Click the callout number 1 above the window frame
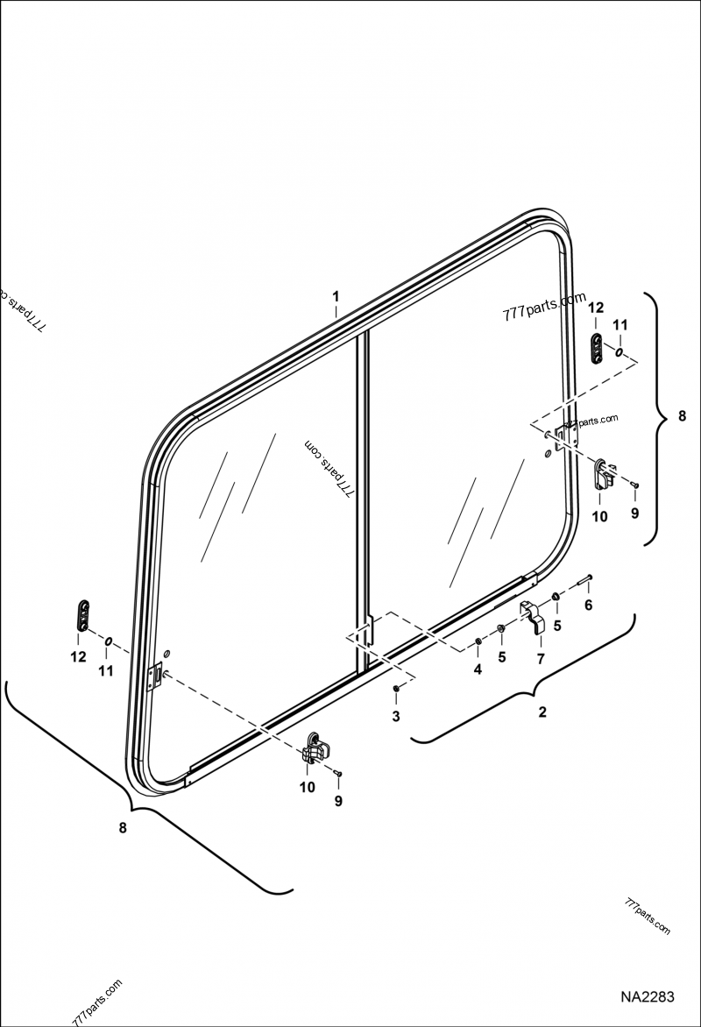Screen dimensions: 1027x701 tap(336, 298)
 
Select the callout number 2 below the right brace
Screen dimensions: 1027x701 tap(542, 712)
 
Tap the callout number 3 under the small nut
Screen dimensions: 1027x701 tap(396, 717)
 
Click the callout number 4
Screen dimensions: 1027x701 tap(478, 669)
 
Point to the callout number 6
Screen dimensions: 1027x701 tap(588, 605)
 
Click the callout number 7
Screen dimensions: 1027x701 tap(541, 657)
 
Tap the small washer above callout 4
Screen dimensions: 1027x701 tap(478, 642)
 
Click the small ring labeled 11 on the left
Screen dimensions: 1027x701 tap(108, 641)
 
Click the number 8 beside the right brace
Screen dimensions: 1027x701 tap(683, 418)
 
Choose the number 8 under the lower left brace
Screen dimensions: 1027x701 tap(124, 827)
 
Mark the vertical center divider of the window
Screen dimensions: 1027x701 tap(360, 499)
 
